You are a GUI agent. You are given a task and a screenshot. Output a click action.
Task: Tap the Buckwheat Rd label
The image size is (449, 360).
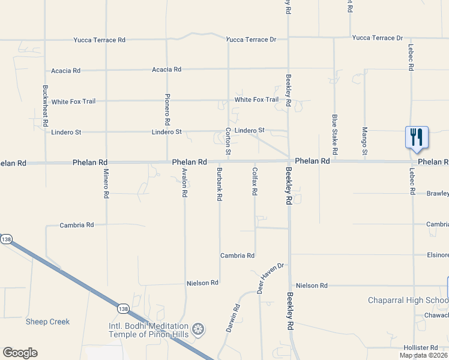[x=46, y=105]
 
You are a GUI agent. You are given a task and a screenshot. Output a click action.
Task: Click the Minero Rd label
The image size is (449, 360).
[x=106, y=184]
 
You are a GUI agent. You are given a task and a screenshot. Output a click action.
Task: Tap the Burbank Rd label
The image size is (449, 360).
[x=220, y=184]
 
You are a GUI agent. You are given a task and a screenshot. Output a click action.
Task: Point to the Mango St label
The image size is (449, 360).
[x=364, y=141]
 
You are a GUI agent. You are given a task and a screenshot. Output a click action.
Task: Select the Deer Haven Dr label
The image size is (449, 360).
[x=270, y=278]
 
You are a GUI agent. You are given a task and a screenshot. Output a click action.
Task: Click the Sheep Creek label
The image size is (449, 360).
[x=47, y=322]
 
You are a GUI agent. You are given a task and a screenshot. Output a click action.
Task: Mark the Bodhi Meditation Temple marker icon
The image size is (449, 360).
[x=198, y=329]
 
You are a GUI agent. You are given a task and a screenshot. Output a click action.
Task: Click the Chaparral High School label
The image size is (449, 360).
[x=408, y=300]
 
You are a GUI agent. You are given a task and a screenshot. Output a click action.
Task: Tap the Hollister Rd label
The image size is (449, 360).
[x=421, y=347]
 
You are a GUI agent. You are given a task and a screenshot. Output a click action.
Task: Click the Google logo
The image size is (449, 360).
[x=20, y=353]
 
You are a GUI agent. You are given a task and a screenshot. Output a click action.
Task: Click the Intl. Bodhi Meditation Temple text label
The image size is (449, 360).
[x=149, y=330]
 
